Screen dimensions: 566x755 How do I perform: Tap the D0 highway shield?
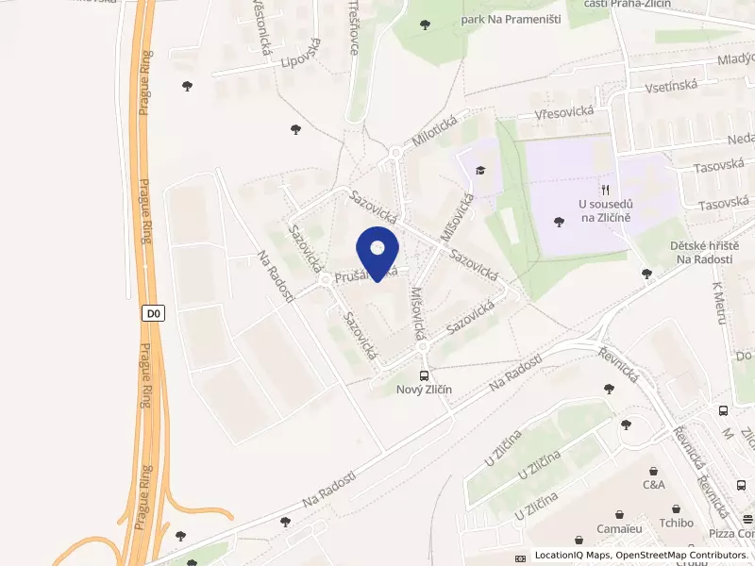pyautogui.click(x=154, y=313)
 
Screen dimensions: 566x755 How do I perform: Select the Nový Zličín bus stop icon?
pyautogui.click(x=424, y=375)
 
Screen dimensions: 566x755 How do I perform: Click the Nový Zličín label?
pyautogui.click(x=424, y=391)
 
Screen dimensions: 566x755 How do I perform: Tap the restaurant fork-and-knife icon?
pyautogui.click(x=605, y=190)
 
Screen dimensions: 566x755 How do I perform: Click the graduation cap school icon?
pyautogui.click(x=481, y=171)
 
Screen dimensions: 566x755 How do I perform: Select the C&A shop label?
pyautogui.click(x=654, y=485)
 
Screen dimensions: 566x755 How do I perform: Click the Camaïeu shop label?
pyautogui.click(x=619, y=530)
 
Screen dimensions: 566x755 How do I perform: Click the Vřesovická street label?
pyautogui.click(x=563, y=111)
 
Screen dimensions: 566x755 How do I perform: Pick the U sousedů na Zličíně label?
pyautogui.click(x=606, y=210)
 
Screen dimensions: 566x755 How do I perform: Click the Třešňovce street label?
pyautogui.click(x=355, y=26)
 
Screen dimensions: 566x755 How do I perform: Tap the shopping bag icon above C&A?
pyautogui.click(x=654, y=470)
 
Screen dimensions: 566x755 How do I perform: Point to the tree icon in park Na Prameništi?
pyautogui.click(x=426, y=24)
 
